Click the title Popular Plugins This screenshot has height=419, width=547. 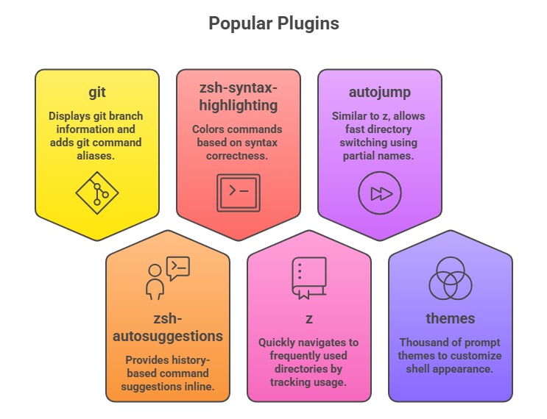pyautogui.click(x=273, y=24)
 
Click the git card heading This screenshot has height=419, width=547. pyautogui.click(x=96, y=93)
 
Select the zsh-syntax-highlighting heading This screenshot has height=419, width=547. pyautogui.click(x=238, y=99)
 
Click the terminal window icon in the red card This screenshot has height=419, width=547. pyautogui.click(x=238, y=193)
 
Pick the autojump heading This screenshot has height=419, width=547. pyautogui.click(x=379, y=93)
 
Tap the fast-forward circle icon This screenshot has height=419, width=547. pyautogui.click(x=380, y=193)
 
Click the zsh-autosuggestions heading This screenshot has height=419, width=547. pyautogui.click(x=167, y=329)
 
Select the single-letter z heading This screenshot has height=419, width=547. pyautogui.click(x=308, y=319)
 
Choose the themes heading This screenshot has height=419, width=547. pyautogui.click(x=450, y=318)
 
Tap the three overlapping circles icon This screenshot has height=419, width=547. pyautogui.click(x=450, y=279)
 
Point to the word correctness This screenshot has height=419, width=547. pyautogui.click(x=238, y=156)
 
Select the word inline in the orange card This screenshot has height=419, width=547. pyautogui.click(x=197, y=387)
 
